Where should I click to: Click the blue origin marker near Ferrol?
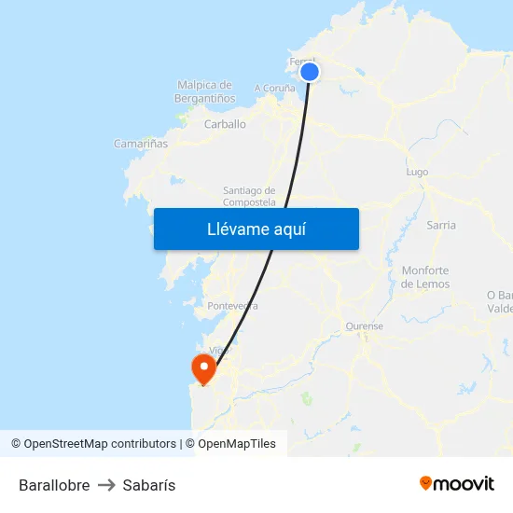pyautogui.click(x=310, y=72)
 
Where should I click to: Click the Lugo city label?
pyautogui.click(x=417, y=173)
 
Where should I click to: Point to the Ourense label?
pyautogui.click(x=364, y=326)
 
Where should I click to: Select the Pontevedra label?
pyautogui.click(x=232, y=305)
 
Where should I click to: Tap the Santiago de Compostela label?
pyautogui.click(x=249, y=196)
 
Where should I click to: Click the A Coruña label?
pyautogui.click(x=274, y=89)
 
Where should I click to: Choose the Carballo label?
pyautogui.click(x=225, y=124)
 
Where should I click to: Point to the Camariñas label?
pyautogui.click(x=141, y=144)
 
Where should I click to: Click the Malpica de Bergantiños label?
pyautogui.click(x=203, y=91)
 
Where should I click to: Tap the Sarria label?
pyautogui.click(x=440, y=225)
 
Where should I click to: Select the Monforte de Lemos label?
pyautogui.click(x=425, y=277)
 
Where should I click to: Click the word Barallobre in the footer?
pyautogui.click(x=54, y=485)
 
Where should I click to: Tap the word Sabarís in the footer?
pyautogui.click(x=148, y=485)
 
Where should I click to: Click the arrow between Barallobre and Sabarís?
pyautogui.click(x=105, y=485)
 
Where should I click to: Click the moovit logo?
pyautogui.click(x=457, y=483)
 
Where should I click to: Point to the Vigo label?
pyautogui.click(x=220, y=351)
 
